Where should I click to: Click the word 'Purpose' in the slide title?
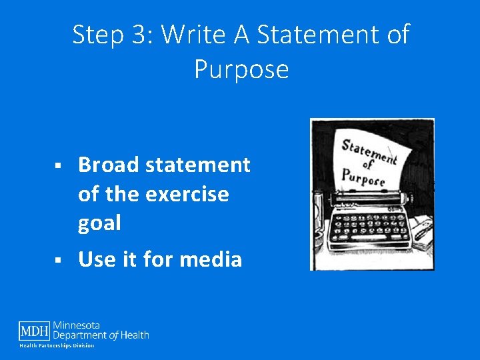241,69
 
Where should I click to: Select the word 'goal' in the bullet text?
99,223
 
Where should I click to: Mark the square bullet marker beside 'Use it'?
58,259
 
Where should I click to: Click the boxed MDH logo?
34,331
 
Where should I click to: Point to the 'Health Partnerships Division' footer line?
57,345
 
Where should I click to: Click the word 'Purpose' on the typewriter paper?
363,177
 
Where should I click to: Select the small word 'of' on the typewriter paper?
367,164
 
